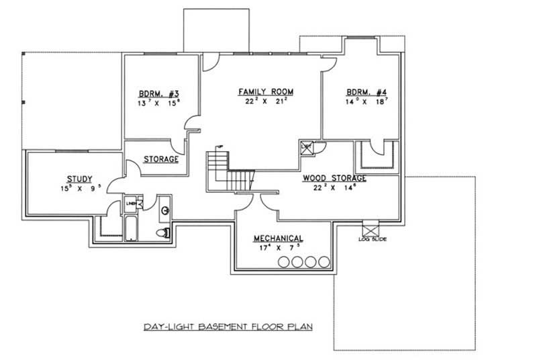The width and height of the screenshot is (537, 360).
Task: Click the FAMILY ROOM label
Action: click(266, 91)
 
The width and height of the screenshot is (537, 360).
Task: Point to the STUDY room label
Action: click(79, 179)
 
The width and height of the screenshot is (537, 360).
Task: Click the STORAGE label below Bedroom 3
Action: click(161, 159)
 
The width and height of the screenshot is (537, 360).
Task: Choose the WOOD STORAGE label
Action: click(334, 178)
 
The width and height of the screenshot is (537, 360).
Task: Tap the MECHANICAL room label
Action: click(278, 238)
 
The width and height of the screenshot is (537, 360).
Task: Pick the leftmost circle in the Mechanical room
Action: click(285, 261)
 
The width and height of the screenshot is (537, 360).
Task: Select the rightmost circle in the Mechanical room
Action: click(325, 261)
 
